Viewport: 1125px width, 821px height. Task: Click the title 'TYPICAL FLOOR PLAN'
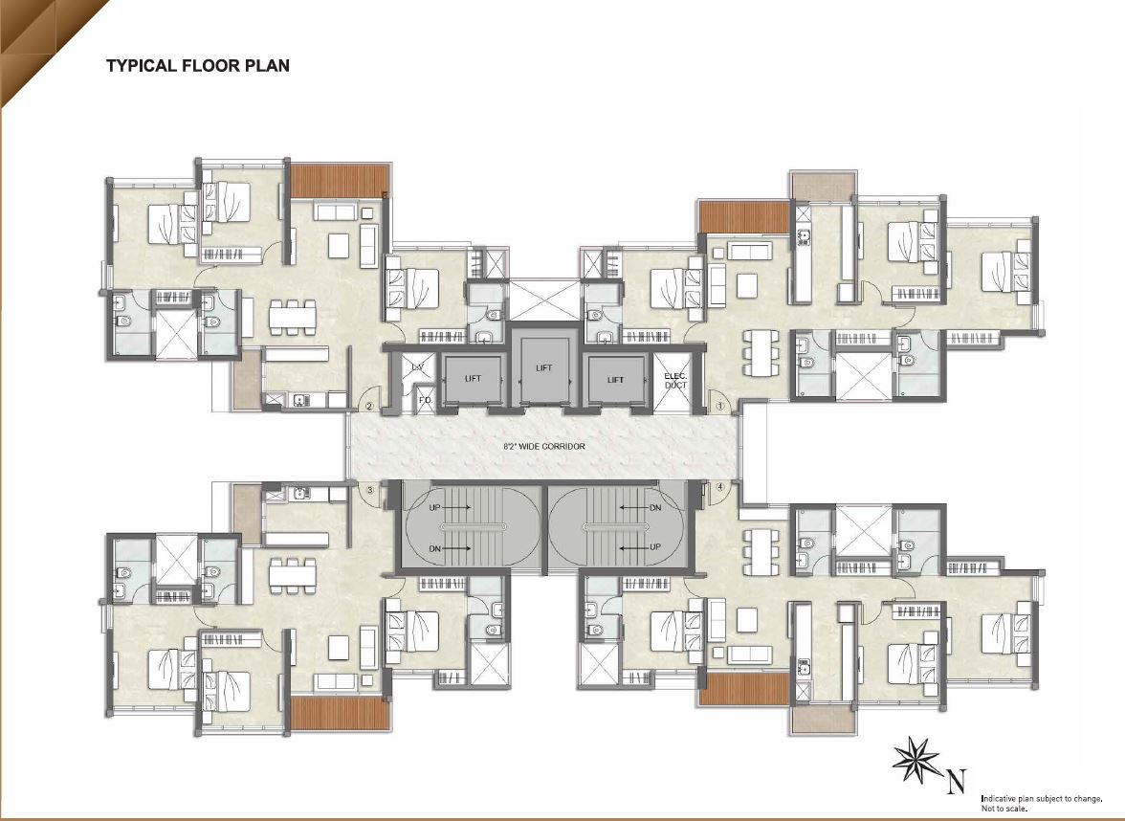pyautogui.click(x=198, y=66)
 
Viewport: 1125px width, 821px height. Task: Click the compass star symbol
pyautogui.click(x=915, y=760)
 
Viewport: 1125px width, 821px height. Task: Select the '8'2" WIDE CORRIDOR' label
pyautogui.click(x=544, y=447)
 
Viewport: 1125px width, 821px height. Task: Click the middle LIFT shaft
pyautogui.click(x=544, y=367)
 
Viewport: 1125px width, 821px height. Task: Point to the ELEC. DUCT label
pyautogui.click(x=675, y=380)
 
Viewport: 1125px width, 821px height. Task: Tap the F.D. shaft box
pyautogui.click(x=423, y=399)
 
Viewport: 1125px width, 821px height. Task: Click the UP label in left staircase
pyautogui.click(x=435, y=508)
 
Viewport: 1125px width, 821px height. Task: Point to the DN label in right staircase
pyautogui.click(x=654, y=508)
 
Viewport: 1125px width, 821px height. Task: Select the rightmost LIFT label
pyautogui.click(x=615, y=380)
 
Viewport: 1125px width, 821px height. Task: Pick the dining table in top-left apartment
pyautogui.click(x=292, y=316)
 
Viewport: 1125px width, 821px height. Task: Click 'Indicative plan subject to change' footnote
pyautogui.click(x=1041, y=798)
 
